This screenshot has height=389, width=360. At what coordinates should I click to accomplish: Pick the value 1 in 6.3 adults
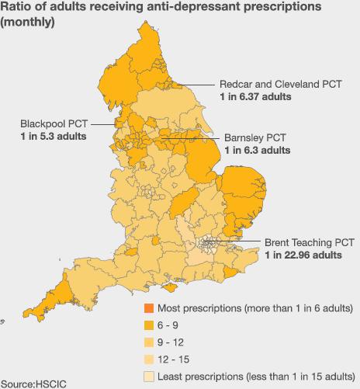tap(258, 149)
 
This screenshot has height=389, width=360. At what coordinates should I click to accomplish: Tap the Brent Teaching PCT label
tap(309, 242)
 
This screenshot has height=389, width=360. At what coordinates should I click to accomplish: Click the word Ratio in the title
tap(16, 7)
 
